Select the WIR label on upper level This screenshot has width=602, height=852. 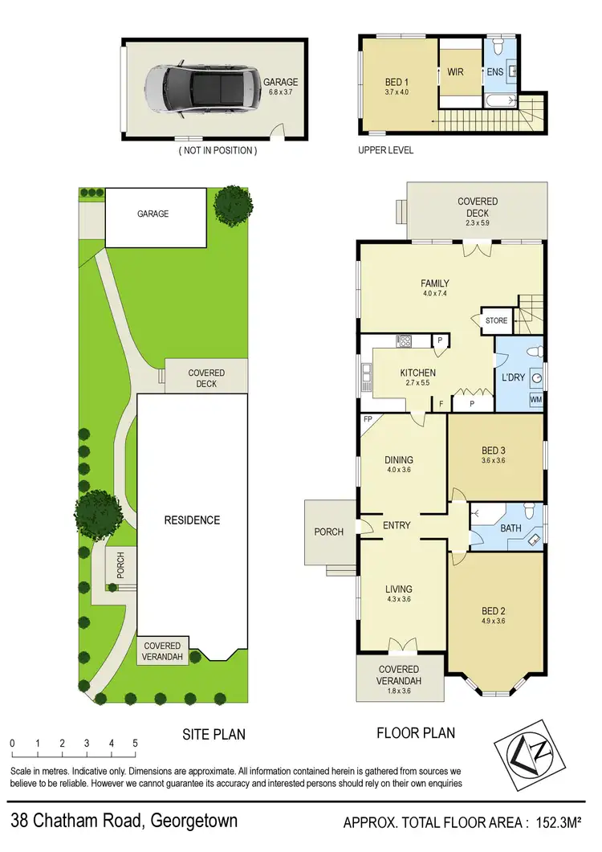click(456, 72)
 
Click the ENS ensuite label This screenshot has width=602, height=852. click(495, 72)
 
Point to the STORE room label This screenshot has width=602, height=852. click(496, 321)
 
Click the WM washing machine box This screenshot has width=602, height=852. click(535, 399)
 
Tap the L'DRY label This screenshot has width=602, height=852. click(512, 377)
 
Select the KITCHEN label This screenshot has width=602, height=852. click(418, 373)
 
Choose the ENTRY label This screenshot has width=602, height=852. click(397, 525)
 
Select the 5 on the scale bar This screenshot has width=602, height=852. click(135, 744)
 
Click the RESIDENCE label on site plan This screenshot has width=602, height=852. click(192, 520)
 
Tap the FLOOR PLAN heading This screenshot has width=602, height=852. click(416, 732)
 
